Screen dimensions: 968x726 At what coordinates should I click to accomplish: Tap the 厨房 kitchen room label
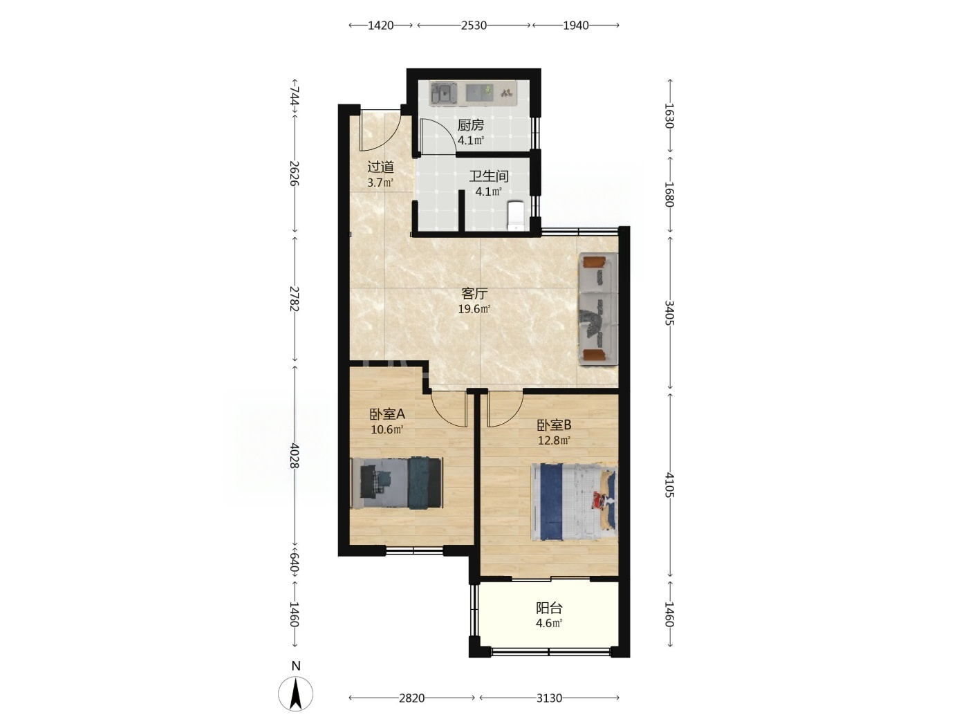click(471, 125)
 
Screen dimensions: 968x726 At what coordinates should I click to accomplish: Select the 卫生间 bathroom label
click(489, 176)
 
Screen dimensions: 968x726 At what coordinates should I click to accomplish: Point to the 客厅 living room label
click(474, 293)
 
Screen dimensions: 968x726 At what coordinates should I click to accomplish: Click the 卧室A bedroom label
click(387, 414)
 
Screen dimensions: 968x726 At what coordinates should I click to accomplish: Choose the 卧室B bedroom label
click(554, 425)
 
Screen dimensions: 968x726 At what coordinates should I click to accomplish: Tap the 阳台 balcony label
click(549, 608)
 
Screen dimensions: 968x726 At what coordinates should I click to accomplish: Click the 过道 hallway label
click(380, 167)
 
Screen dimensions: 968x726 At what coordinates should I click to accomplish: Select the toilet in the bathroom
click(516, 216)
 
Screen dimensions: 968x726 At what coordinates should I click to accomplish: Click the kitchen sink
click(443, 94)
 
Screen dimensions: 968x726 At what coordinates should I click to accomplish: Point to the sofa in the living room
click(598, 308)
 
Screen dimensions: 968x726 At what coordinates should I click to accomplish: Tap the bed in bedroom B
click(574, 501)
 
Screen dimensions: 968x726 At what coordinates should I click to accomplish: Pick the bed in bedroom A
click(396, 483)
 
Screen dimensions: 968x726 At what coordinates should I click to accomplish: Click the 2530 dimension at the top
click(474, 26)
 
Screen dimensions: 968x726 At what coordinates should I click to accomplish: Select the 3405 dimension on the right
click(670, 313)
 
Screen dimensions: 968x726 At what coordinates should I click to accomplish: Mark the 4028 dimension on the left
click(295, 456)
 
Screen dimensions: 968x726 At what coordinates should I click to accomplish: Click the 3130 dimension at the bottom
click(550, 698)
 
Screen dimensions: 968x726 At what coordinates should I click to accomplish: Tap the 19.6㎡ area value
click(474, 309)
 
